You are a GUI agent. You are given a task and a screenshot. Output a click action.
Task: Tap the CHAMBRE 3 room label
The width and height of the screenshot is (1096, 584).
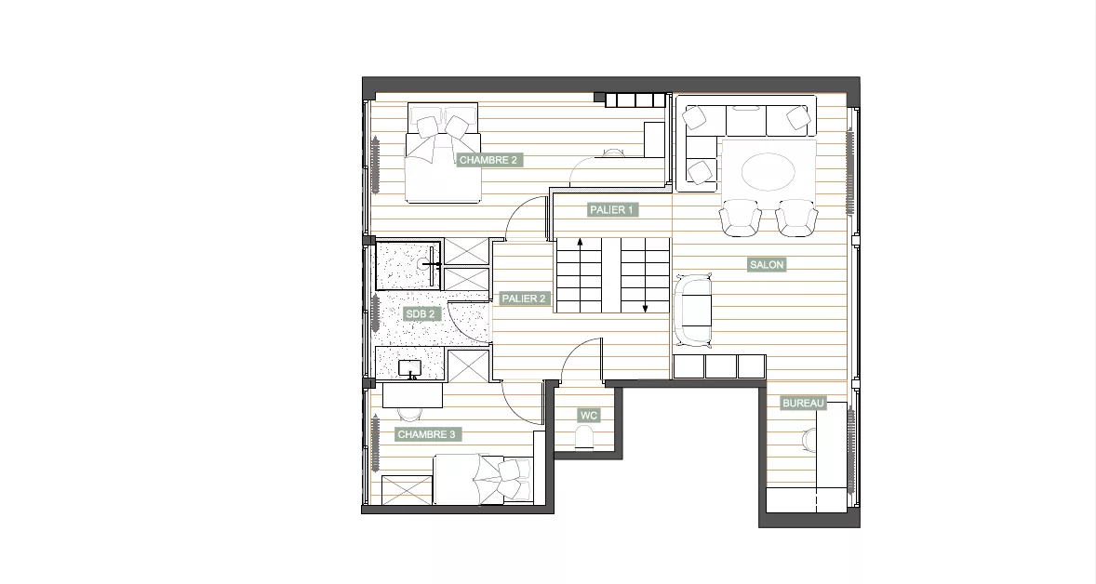coord(426,434)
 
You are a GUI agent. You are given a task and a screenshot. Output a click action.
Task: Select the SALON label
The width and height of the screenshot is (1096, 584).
coord(767,265)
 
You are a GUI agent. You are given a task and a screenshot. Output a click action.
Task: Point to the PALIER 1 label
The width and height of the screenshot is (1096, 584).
coord(611,209)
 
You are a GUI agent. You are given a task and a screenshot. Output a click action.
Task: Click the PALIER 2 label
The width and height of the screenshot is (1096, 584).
coord(524,299)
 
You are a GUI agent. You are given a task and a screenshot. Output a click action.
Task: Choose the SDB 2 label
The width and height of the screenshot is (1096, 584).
coord(421,314)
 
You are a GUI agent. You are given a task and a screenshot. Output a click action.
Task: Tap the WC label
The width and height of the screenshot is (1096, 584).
coord(589,416)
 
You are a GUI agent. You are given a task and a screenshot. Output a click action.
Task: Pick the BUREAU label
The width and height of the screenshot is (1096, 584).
coord(804,403)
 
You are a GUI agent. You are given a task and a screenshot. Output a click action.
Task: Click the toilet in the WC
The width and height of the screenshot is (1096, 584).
coord(584,439)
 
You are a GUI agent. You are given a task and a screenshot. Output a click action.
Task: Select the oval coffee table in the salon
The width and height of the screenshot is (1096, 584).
coord(769,171)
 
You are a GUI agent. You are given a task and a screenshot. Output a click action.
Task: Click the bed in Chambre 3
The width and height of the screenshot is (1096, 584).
coord(483,479)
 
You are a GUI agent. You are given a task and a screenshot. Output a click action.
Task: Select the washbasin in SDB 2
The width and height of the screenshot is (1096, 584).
coord(408,369)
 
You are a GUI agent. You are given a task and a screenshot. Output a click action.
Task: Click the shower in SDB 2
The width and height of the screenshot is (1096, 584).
coord(408,264)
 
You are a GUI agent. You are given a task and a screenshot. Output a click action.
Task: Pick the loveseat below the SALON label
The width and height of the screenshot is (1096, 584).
coord(693,310)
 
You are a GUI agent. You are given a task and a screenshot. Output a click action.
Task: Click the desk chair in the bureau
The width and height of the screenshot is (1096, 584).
coord(808,441)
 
